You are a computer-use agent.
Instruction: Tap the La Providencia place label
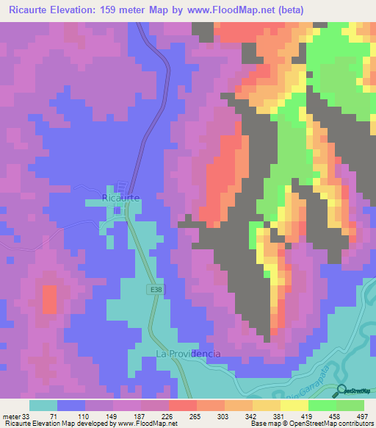[x=189, y=354]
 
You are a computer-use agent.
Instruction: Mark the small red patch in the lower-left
[x=49, y=300]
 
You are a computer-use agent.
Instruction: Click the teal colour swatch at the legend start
[x=43, y=405]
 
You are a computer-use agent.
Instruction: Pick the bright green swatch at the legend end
[x=350, y=405]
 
